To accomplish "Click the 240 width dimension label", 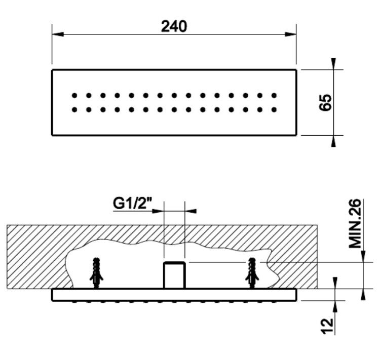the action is [x=174, y=26].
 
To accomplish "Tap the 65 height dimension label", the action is [x=325, y=102].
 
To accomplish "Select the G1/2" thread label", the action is [x=132, y=203].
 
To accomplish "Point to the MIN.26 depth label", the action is [x=355, y=223].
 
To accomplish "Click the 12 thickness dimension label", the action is [x=327, y=326].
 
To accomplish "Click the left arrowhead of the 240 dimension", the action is [x=58, y=34].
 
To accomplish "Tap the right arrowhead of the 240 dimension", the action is [x=291, y=34].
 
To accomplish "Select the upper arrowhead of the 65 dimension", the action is [x=334, y=64].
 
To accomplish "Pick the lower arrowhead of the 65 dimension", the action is [x=334, y=141].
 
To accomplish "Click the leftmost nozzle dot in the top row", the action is [x=74, y=96].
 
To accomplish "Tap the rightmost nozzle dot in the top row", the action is [x=274, y=96].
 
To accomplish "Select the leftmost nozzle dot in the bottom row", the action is [x=74, y=110].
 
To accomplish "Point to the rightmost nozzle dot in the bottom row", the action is [x=274, y=110].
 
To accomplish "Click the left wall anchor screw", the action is [x=96, y=273].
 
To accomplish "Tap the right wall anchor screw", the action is [x=252, y=273].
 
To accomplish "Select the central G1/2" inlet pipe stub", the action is [x=174, y=275].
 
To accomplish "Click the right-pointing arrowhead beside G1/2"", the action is [x=158, y=211].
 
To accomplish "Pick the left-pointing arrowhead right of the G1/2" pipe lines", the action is [x=191, y=211].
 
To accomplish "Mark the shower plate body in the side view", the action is [x=174, y=295].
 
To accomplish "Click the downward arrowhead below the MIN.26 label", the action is [x=363, y=256].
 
